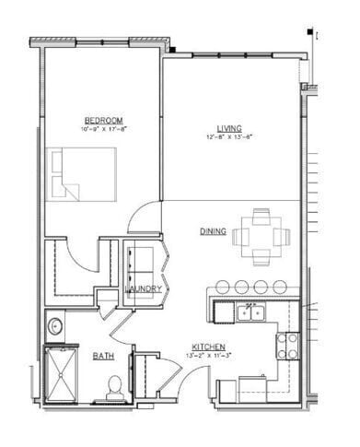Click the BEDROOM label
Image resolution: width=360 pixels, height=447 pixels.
(x=103, y=120)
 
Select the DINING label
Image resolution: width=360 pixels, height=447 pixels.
(x=213, y=231)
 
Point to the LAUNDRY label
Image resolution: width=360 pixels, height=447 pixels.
(x=144, y=289)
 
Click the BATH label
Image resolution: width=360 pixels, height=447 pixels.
(x=102, y=355)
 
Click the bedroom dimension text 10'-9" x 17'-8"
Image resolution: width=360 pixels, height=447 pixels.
(x=103, y=130)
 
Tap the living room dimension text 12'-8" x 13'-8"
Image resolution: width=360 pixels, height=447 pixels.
(x=230, y=136)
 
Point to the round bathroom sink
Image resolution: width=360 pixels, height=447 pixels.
(x=54, y=324)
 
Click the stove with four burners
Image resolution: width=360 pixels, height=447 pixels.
(x=287, y=345)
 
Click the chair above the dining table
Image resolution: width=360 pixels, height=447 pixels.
(x=262, y=215)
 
